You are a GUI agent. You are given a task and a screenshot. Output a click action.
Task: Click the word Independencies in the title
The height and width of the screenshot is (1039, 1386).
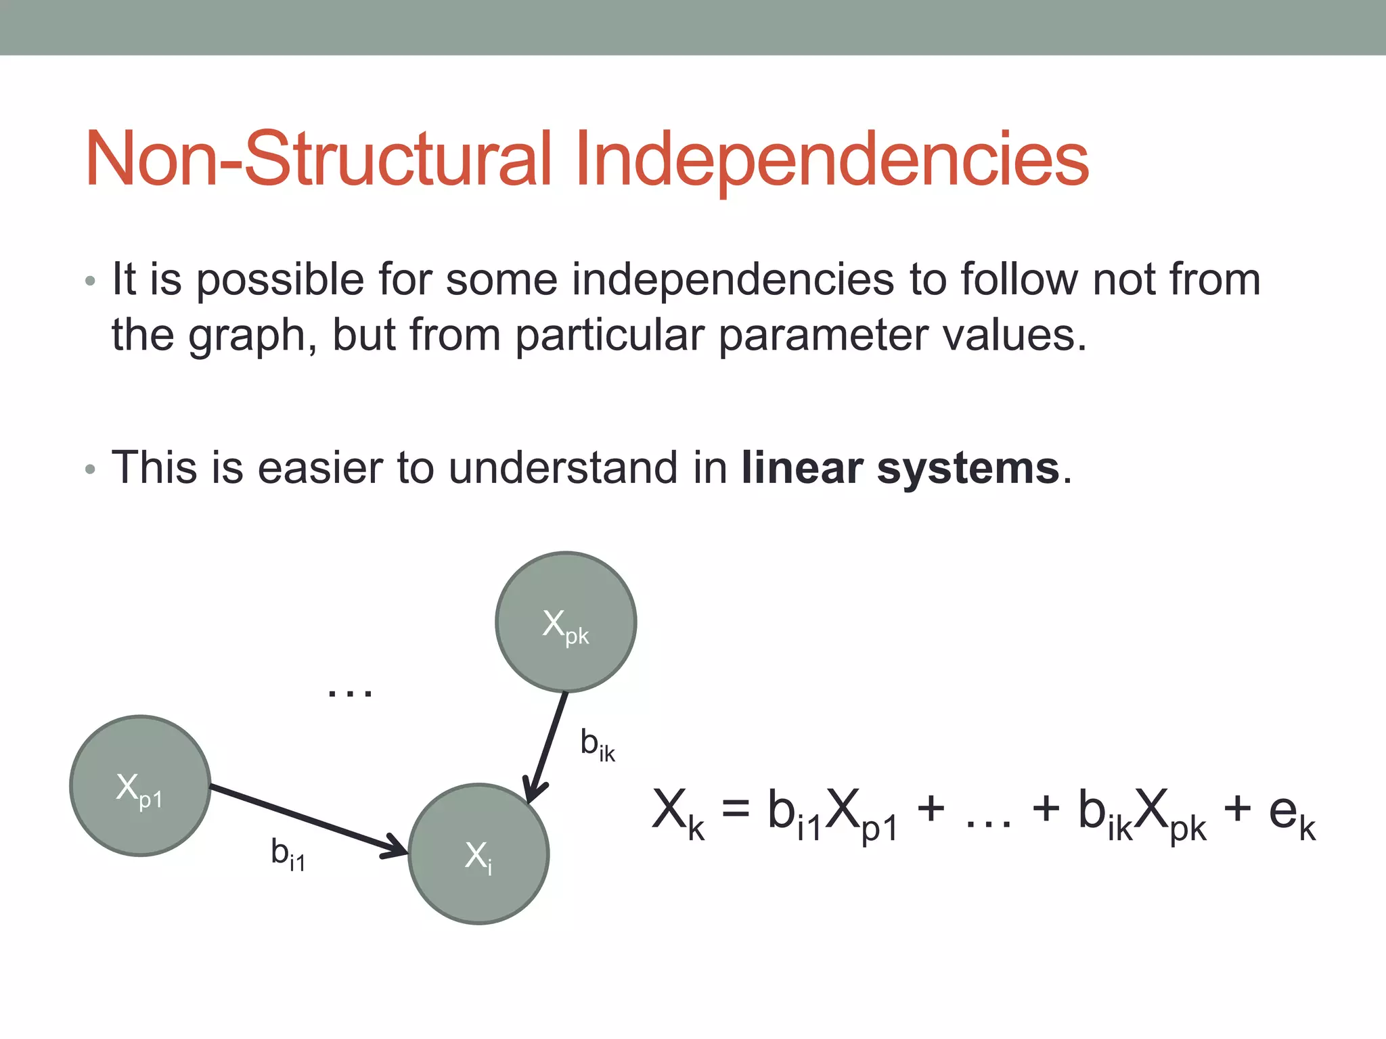point(832,160)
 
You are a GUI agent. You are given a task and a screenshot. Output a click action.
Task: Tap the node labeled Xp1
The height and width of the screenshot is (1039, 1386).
point(140,786)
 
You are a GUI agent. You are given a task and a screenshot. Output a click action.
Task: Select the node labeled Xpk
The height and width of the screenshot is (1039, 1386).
point(566,622)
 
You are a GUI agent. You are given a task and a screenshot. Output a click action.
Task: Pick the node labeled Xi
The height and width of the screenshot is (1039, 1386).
point(478,854)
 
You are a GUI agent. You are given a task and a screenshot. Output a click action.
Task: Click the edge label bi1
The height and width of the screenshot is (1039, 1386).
point(288,854)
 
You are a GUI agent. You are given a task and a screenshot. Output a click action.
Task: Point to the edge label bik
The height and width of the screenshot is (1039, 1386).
point(597,745)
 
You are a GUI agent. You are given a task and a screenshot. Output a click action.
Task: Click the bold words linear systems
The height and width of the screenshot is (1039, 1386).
point(900,468)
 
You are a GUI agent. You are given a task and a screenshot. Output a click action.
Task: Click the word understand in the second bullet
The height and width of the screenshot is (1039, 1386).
point(562,468)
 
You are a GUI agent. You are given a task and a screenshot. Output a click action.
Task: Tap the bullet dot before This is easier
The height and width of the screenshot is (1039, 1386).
point(91,469)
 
